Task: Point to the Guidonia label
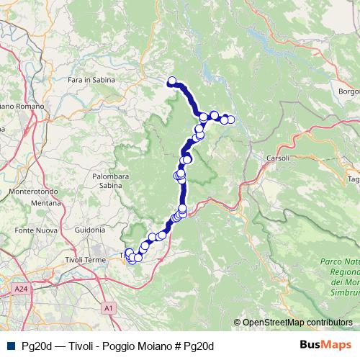pyautogui.click(x=90, y=230)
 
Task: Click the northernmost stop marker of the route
pyautogui.click(x=172, y=81)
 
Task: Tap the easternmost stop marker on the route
pyautogui.click(x=230, y=120)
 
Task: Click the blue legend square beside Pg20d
pyautogui.click(x=9, y=346)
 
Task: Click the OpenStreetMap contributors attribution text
pyautogui.click(x=297, y=323)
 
